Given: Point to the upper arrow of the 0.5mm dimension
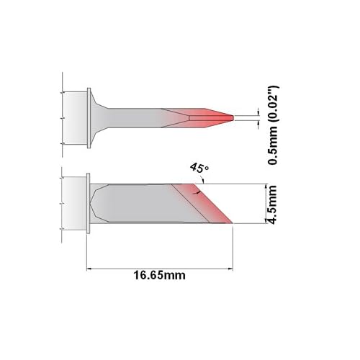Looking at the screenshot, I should (x=258, y=110).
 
